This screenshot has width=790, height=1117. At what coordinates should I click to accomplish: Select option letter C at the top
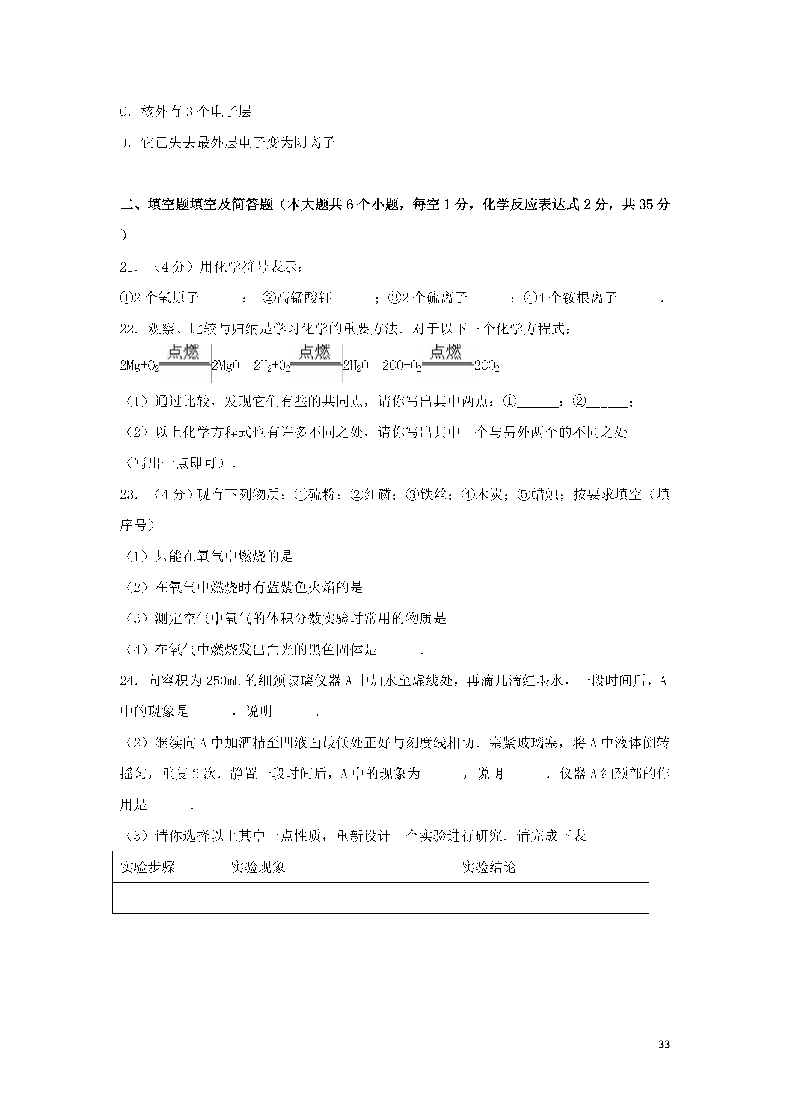click(124, 112)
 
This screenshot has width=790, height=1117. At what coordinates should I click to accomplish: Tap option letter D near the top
click(124, 143)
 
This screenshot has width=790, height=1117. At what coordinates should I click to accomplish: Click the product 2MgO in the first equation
click(225, 366)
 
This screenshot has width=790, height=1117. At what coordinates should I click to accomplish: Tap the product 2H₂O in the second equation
click(355, 366)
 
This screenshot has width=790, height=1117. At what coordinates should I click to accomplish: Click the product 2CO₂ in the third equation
click(487, 366)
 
